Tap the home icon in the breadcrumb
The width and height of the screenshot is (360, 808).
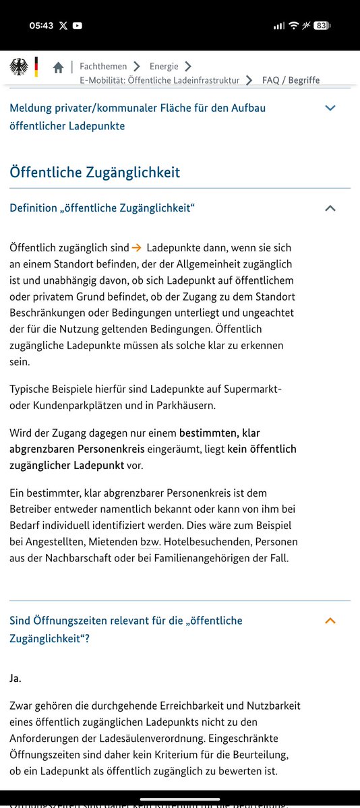coord(59,67)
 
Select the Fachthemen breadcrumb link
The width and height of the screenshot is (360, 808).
coord(102,66)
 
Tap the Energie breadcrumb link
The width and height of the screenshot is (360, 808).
coord(164,66)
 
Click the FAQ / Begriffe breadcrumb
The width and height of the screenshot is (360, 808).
coord(291,80)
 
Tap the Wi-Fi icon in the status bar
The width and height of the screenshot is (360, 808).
coord(293,26)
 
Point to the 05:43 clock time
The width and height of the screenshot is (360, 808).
coord(41,26)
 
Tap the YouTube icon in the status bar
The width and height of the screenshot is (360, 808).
coord(78,26)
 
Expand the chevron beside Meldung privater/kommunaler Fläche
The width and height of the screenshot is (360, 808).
coord(330,108)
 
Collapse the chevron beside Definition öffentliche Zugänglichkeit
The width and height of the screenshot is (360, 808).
coord(330,208)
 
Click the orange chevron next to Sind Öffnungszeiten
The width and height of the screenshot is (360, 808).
coord(330,621)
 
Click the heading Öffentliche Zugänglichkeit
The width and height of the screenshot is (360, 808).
coord(95,172)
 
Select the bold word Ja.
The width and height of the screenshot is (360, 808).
coord(16,678)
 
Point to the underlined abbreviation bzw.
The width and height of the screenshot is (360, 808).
coord(148,542)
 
